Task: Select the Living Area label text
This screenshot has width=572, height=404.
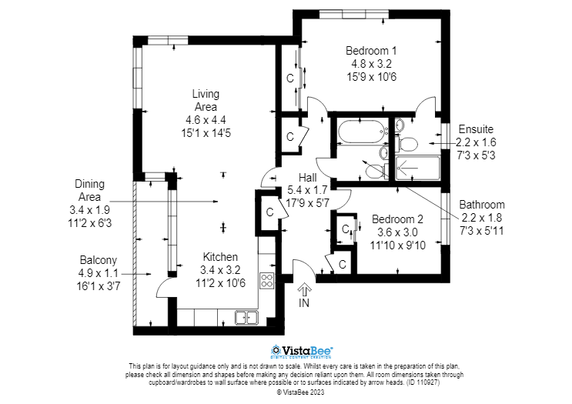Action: click(206, 100)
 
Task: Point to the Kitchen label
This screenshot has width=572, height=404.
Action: click(220, 257)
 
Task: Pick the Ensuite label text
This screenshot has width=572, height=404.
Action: click(476, 129)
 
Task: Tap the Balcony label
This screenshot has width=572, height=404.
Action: click(99, 260)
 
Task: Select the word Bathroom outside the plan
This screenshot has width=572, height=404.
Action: click(482, 205)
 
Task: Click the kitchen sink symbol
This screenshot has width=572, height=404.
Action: click(246, 316)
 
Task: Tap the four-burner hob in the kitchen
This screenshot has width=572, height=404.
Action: click(267, 280)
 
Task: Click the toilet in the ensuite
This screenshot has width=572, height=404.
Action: click(408, 142)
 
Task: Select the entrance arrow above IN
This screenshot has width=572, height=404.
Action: click(304, 290)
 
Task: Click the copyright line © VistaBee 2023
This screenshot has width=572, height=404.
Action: click(301, 392)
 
